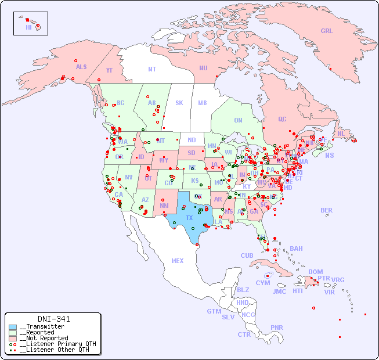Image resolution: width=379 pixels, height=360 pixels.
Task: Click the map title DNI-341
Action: pyautogui.click(x=54, y=319)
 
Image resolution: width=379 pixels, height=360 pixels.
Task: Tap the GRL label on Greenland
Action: pyautogui.click(x=327, y=31)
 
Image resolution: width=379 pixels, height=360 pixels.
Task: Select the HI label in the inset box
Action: pyautogui.click(x=28, y=27)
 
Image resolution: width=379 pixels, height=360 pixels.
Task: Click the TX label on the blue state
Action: pyautogui.click(x=189, y=218)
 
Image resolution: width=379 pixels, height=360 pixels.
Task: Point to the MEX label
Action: pyautogui.click(x=178, y=261)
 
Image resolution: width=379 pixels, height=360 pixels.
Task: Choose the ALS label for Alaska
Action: pyautogui.click(x=81, y=67)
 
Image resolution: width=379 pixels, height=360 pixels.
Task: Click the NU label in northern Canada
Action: pyautogui.click(x=203, y=68)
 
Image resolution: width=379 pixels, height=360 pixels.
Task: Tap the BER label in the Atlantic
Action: pyautogui.click(x=326, y=210)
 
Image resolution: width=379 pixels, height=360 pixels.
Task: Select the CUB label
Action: pyautogui.click(x=247, y=255)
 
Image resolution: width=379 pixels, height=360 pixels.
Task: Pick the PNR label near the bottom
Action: pyautogui.click(x=277, y=327)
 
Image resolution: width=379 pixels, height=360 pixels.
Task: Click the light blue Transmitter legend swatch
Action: pyautogui.click(x=13, y=327)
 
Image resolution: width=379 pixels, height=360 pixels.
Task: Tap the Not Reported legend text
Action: pyautogui.click(x=44, y=338)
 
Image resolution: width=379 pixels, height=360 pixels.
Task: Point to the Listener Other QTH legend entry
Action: pyautogui.click(x=52, y=350)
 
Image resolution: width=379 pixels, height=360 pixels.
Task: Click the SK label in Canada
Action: pyautogui.click(x=179, y=103)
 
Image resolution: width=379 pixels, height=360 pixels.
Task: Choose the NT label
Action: pyautogui.click(x=151, y=69)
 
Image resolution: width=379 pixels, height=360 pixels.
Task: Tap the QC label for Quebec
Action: pyautogui.click(x=282, y=119)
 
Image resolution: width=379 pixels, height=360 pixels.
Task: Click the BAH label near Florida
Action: pyautogui.click(x=296, y=249)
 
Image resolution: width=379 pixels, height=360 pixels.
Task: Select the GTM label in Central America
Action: pyautogui.click(x=214, y=311)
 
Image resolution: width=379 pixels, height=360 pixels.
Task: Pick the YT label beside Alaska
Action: pyautogui.click(x=109, y=70)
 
